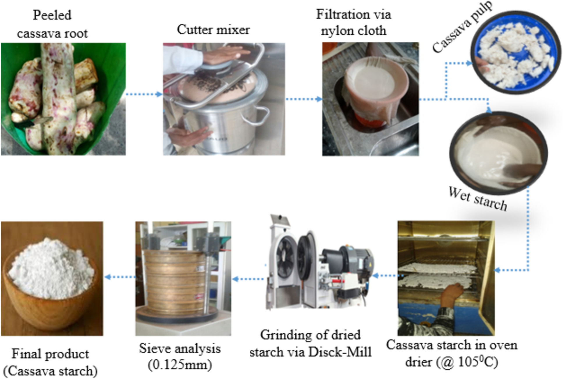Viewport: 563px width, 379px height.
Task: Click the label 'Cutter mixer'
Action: tap(213, 30)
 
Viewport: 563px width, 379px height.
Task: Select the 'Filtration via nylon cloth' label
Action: tap(354, 22)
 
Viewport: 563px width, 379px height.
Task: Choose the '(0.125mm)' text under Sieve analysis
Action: tap(180, 364)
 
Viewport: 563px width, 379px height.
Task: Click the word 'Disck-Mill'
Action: tap(340, 352)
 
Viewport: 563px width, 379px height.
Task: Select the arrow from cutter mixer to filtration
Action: tap(303, 99)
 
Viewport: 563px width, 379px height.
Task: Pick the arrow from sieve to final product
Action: tap(120, 277)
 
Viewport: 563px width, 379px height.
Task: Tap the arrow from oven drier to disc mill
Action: tap(387, 275)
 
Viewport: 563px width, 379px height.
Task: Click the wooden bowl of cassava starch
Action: tap(51, 279)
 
